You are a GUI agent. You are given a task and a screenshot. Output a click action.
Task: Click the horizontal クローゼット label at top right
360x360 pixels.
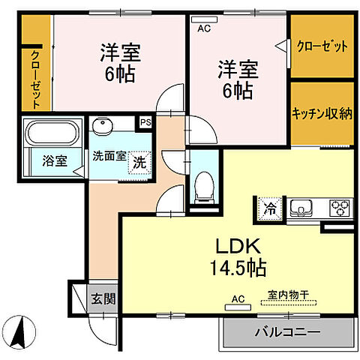coord(322,46)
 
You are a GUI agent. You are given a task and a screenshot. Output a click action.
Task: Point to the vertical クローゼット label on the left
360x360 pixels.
coord(34,79)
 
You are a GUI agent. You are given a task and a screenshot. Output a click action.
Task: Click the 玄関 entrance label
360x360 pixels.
coord(103,298)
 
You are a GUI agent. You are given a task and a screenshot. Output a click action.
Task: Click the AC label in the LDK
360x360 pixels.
coord(238,299)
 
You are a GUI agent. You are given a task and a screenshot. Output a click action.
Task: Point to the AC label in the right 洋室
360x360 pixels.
coord(202,29)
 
